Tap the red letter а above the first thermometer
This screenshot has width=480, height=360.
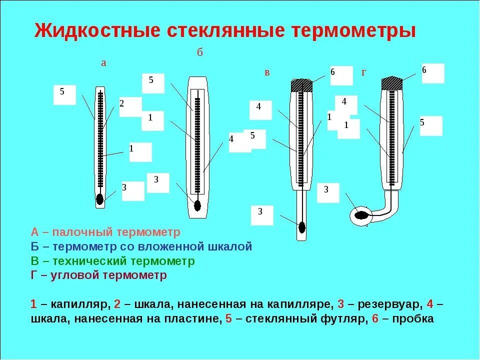[x=103, y=63]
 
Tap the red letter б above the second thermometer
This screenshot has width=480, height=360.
[x=199, y=52]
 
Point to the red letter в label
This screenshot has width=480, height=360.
[x=267, y=72]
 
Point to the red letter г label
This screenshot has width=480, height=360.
[x=364, y=72]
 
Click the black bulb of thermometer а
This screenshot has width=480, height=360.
[x=100, y=199]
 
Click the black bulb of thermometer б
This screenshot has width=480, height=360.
[x=197, y=205]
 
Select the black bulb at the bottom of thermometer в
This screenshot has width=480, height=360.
[x=301, y=227]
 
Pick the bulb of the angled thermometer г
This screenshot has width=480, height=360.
[x=361, y=216]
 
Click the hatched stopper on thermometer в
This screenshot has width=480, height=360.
[x=301, y=85]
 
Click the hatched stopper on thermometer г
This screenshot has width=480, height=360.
[x=392, y=83]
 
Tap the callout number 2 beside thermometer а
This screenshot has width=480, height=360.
[x=121, y=103]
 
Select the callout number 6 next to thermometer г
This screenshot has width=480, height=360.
[x=424, y=70]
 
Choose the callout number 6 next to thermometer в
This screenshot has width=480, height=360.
[x=332, y=72]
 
